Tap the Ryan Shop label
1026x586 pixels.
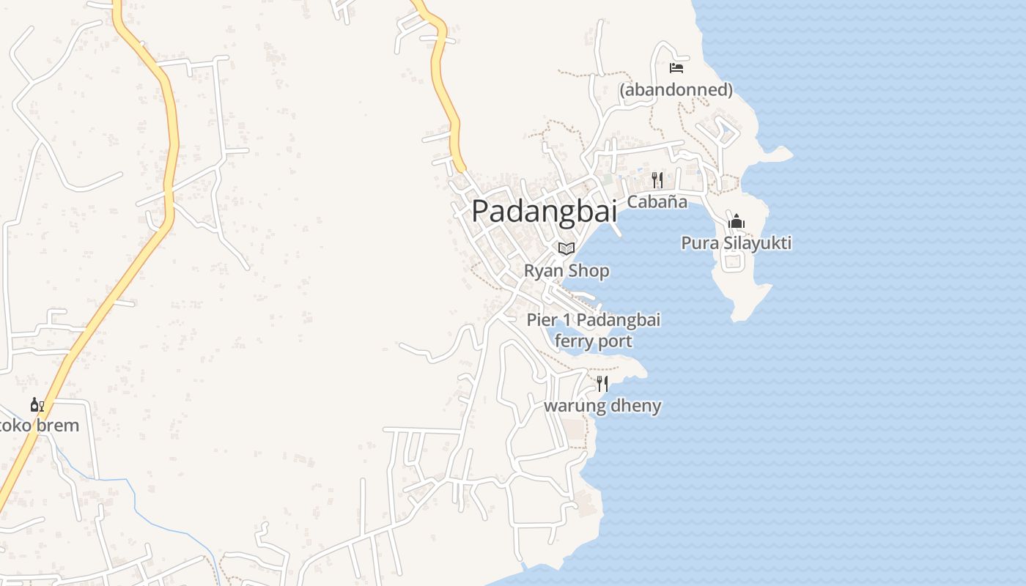pyautogui.click(x=566, y=271)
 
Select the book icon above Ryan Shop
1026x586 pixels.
pyautogui.click(x=566, y=248)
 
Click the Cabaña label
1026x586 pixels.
pyautogui.click(x=657, y=201)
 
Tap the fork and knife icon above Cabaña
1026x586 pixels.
pyautogui.click(x=657, y=179)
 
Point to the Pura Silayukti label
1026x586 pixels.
pyautogui.click(x=736, y=243)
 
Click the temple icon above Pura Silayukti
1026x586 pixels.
pyautogui.click(x=737, y=221)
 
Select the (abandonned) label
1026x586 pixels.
pyautogui.click(x=676, y=90)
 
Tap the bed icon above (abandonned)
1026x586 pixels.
pyautogui.click(x=676, y=67)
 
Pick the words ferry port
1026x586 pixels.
pyautogui.click(x=593, y=341)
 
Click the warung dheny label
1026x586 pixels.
pyautogui.click(x=602, y=406)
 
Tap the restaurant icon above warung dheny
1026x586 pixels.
pyautogui.click(x=602, y=383)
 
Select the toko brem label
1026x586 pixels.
pyautogui.click(x=38, y=426)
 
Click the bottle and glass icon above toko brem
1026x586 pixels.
pyautogui.click(x=37, y=404)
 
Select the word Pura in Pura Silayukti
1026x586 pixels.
pyautogui.click(x=698, y=243)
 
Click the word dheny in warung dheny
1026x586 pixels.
pyautogui.click(x=637, y=406)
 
